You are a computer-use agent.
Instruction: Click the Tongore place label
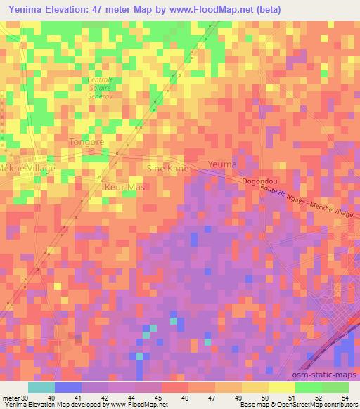[87, 141]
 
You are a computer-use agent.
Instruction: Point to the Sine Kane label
[167, 168]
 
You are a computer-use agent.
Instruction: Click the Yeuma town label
[222, 164]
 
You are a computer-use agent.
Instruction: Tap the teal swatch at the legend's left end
[41, 387]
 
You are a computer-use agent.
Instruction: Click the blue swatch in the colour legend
[68, 387]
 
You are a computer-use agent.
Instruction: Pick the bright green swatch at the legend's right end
[335, 387]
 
